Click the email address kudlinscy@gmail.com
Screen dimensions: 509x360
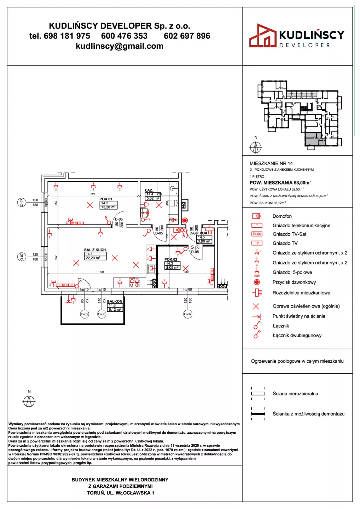(120, 46)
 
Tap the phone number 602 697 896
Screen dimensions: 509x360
(187, 36)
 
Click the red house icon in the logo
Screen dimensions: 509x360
(262, 36)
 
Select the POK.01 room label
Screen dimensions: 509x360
(106, 199)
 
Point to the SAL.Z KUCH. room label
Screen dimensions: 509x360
(95, 250)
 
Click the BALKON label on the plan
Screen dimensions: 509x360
(115, 302)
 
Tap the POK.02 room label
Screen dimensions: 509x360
(171, 259)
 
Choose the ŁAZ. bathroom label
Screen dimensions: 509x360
(149, 191)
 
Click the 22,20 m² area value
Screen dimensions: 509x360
(93, 258)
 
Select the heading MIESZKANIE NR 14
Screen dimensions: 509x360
(271, 163)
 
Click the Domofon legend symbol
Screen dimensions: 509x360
(257, 216)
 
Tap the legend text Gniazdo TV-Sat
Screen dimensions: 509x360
(289, 234)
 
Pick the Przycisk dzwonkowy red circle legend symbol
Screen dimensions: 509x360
(257, 282)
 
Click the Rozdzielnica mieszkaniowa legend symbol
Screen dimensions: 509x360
(257, 293)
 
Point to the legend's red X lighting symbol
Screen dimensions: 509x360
(256, 306)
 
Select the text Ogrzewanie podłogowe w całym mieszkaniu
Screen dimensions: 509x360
(297, 361)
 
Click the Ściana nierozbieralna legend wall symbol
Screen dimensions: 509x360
(258, 393)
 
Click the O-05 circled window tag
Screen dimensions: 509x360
(102, 314)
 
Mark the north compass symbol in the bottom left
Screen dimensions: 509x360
(29, 401)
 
